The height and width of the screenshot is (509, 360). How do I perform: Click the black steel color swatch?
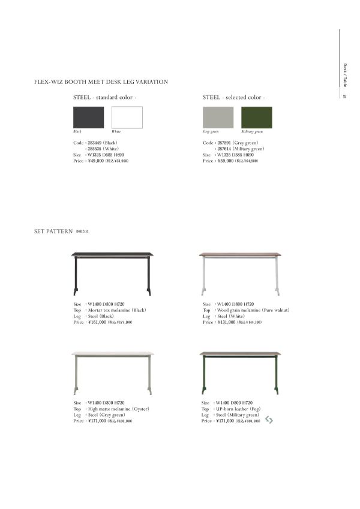coord(88,118)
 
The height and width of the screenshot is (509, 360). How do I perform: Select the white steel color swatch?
coord(127,118)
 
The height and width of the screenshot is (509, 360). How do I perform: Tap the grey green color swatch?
coord(218,118)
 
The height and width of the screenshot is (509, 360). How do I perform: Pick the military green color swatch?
coord(256,118)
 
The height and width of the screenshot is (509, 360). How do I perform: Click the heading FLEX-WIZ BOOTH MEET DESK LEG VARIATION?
coord(101,82)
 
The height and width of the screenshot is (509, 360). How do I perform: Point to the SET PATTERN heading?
coord(53,230)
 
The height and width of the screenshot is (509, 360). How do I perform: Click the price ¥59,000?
coord(226,161)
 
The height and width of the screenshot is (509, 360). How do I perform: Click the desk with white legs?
coord(239,273)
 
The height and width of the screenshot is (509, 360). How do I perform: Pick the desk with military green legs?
coord(239,372)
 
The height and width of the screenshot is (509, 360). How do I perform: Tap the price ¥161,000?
coord(97,322)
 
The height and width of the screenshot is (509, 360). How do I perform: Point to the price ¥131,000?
coord(227,322)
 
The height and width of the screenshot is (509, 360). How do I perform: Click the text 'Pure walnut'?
coord(275,310)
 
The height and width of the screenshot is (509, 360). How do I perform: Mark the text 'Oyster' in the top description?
coord(138,409)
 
